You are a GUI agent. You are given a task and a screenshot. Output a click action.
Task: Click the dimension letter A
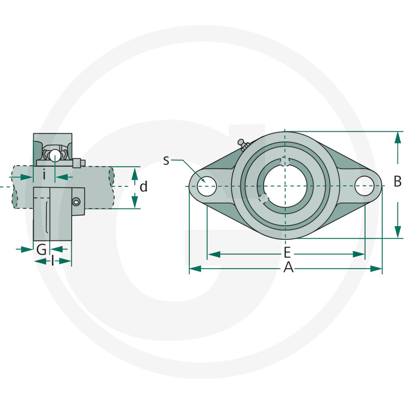pyautogui.click(x=288, y=268)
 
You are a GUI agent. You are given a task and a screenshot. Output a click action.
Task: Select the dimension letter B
pyautogui.click(x=397, y=181)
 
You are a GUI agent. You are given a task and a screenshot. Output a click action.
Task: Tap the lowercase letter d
pyautogui.click(x=143, y=187)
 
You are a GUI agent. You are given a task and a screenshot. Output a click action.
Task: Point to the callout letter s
pyautogui.click(x=166, y=161)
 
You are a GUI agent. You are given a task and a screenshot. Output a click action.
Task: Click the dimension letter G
pyautogui.click(x=41, y=248)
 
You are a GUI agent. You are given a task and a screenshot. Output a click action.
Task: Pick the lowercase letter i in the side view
pyautogui.click(x=44, y=176)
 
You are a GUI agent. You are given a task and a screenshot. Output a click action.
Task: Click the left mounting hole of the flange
pyautogui.click(x=207, y=186)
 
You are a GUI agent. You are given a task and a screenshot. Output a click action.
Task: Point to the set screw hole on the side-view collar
pyautogui.click(x=76, y=202)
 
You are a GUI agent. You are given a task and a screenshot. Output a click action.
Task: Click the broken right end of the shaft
pyautogui.click(x=111, y=187)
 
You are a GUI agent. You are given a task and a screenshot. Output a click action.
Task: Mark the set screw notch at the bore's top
pyautogui.click(x=285, y=161)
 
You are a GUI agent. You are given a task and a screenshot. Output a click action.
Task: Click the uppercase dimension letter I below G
pyautogui.click(x=53, y=261)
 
